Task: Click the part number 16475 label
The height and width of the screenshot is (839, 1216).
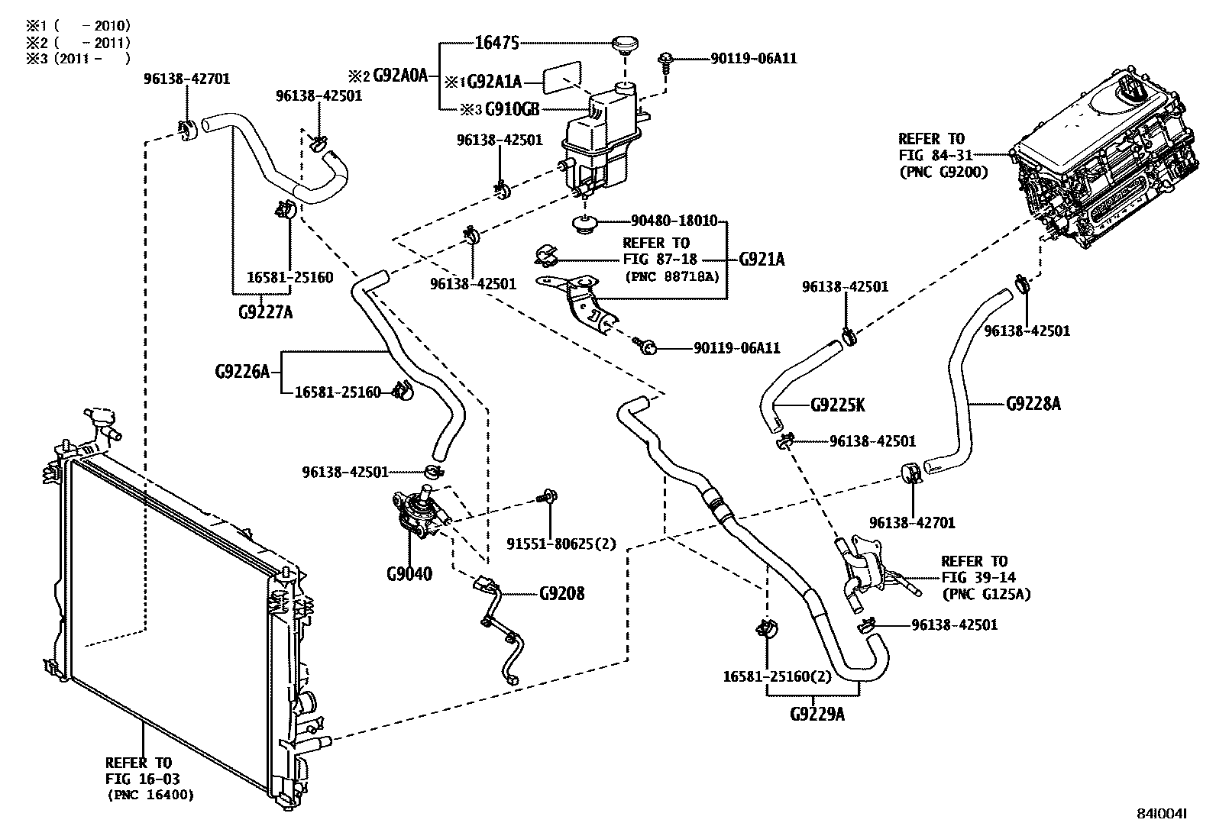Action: (496, 43)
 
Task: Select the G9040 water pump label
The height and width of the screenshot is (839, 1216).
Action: (409, 573)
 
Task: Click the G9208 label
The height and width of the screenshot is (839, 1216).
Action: (562, 593)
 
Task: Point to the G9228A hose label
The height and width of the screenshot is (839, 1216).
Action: (1033, 403)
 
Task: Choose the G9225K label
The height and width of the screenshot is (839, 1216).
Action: (837, 405)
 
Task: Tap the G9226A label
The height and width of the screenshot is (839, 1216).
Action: (242, 372)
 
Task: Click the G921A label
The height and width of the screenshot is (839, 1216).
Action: (762, 260)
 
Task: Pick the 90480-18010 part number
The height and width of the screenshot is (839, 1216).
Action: (674, 221)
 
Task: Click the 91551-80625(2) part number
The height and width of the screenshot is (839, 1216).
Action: (561, 544)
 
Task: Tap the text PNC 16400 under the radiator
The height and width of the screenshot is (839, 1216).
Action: (150, 795)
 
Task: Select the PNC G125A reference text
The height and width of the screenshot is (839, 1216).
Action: (986, 593)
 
